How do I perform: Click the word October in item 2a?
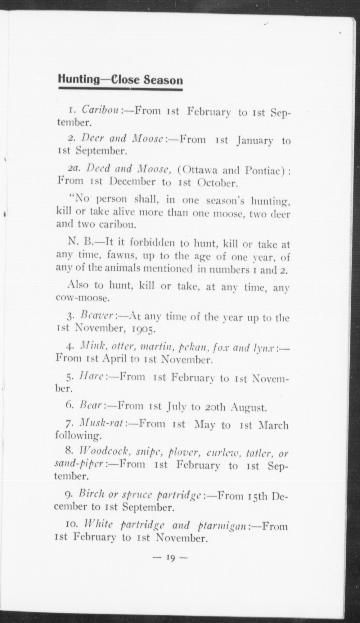217,182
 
